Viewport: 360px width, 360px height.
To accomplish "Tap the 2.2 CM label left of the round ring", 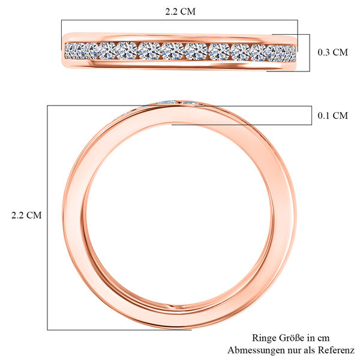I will (x=26, y=215).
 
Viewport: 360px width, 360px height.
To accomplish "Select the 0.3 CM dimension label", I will (x=332, y=52).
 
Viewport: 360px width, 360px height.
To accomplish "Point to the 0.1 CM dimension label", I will (x=332, y=116).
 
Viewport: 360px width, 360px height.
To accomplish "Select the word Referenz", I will (x=337, y=350).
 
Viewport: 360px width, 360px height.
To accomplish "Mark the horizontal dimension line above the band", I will (x=180, y=20).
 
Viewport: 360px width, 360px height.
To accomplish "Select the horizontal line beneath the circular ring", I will (x=120, y=329).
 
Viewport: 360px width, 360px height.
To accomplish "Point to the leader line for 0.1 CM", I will (x=240, y=125).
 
